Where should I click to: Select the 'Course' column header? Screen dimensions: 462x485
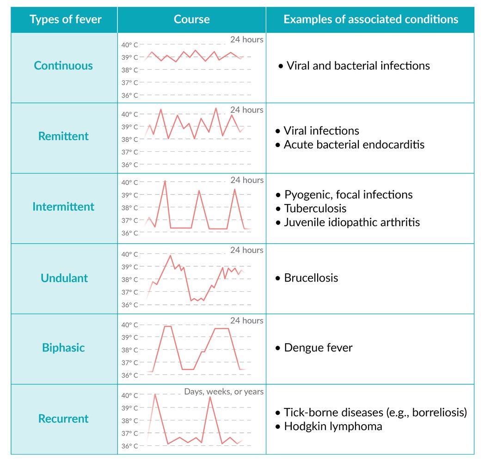191,19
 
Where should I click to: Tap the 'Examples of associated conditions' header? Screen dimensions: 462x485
370,19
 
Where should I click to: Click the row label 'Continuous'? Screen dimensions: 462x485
63,66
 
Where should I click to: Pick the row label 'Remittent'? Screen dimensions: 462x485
63,136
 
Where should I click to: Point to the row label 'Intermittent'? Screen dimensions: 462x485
63,207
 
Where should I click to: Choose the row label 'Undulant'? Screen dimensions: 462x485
64,278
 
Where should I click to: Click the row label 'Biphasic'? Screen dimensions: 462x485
63,348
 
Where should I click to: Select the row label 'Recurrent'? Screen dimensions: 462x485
63,419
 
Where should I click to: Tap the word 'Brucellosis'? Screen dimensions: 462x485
311,278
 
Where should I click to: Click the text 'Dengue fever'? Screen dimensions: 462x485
318,348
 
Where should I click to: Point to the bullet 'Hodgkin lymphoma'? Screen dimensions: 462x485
333,426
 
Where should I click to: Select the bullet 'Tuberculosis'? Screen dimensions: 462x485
315,209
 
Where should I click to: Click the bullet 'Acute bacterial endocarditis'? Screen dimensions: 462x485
354,145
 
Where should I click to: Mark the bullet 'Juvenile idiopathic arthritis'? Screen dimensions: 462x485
352,222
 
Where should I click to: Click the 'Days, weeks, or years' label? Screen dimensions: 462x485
224,392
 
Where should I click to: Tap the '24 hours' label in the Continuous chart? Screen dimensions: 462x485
247,40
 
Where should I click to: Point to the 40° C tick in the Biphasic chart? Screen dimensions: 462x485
129,325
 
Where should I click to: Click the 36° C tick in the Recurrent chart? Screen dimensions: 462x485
129,446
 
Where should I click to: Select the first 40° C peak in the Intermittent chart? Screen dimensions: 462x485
165,181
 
